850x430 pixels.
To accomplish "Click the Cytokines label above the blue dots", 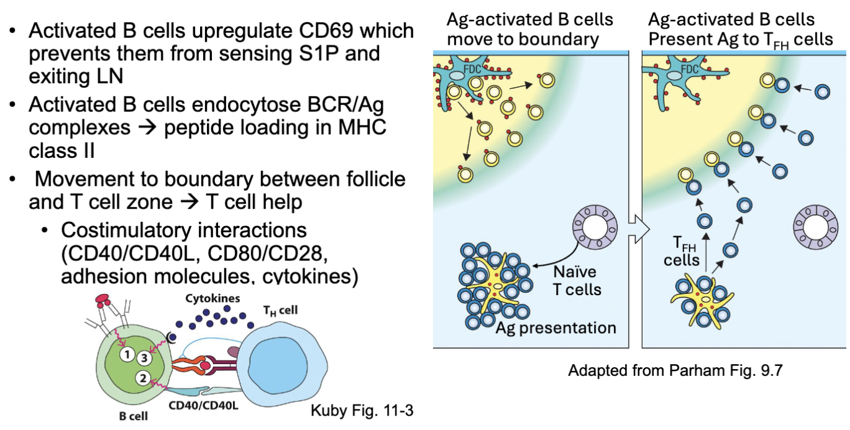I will click(212, 298).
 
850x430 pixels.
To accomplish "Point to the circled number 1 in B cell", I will click(127, 355).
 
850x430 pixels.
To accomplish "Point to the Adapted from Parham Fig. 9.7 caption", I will click(675, 371).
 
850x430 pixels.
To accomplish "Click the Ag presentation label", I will click(555, 327).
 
